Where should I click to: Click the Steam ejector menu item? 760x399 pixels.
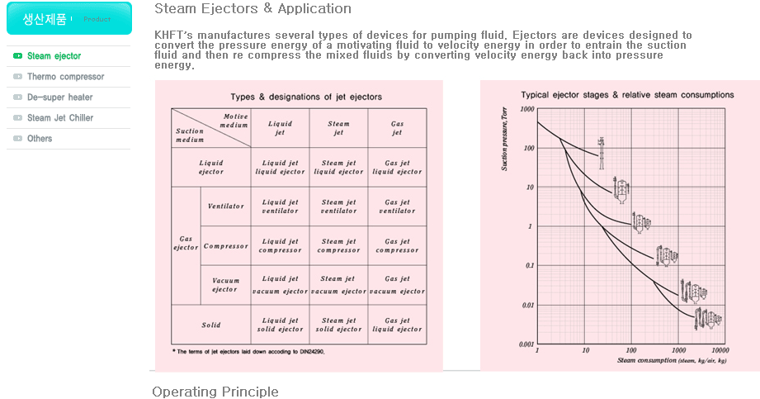click(54, 56)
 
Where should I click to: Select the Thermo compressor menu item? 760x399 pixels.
click(65, 77)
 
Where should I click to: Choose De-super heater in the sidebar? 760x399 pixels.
click(59, 97)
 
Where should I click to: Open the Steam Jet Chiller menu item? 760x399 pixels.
click(59, 118)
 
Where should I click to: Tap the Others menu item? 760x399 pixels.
click(40, 139)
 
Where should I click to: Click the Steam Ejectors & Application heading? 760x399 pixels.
click(253, 9)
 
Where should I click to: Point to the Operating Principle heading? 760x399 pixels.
click(215, 392)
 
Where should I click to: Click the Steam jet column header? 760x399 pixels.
click(338, 128)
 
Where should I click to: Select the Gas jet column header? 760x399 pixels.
click(397, 128)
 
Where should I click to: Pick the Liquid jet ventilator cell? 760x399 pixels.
click(280, 207)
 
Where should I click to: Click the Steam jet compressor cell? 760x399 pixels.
click(338, 246)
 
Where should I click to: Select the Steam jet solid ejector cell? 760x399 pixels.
click(338, 325)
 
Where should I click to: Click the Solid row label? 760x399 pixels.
click(211, 325)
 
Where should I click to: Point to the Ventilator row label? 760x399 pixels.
click(225, 207)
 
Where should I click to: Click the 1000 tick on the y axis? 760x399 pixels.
click(526, 109)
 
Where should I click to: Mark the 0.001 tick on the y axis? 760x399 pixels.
click(525, 344)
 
